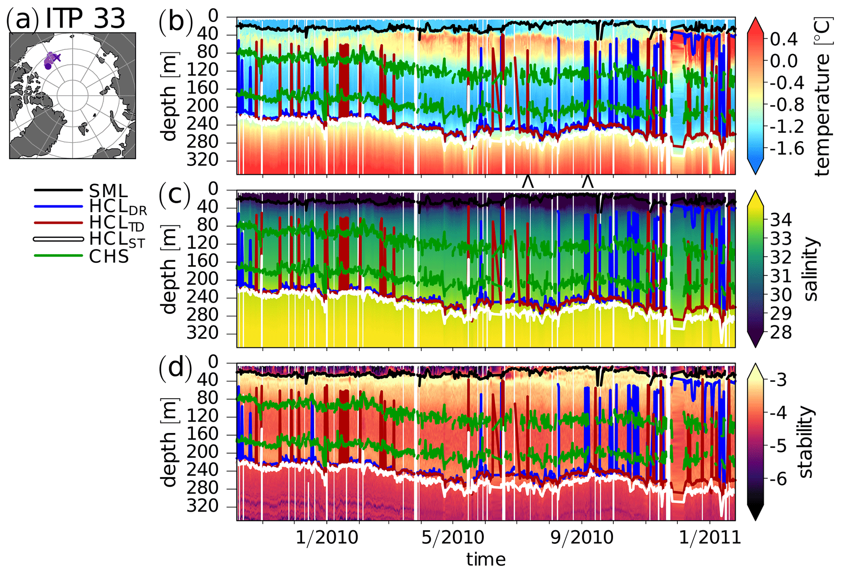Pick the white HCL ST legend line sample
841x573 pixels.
pos(58,240)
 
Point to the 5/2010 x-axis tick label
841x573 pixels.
pos(452,538)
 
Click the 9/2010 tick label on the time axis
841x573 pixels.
pos(582,538)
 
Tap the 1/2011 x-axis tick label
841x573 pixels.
pos(710,538)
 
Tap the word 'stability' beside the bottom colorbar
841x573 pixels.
pos(806,442)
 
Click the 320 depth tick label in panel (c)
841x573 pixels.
pos(202,333)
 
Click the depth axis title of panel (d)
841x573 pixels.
pos(169,442)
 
